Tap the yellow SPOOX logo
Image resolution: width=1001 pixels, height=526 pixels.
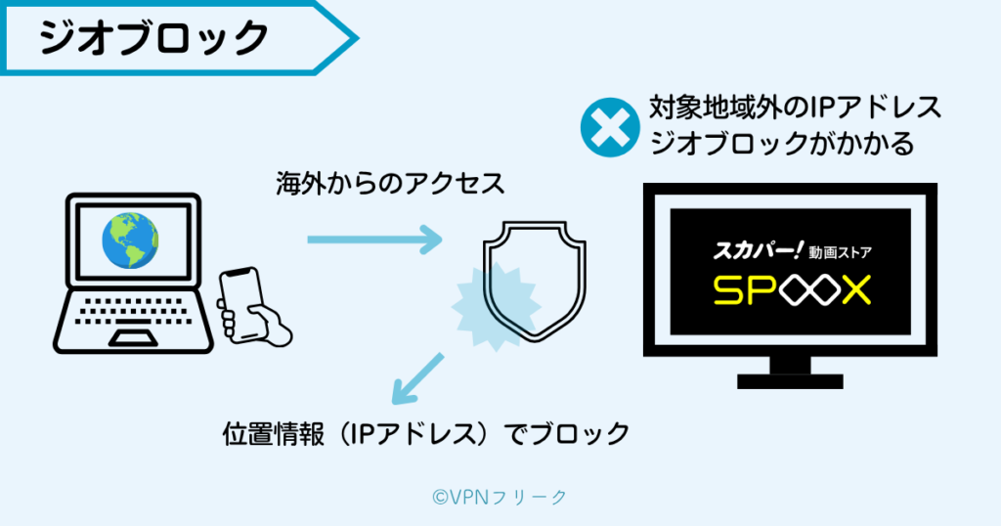coord(790,288)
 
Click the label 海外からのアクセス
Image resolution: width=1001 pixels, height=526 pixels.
coord(390,183)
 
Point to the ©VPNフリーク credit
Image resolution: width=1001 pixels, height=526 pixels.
coord(499,497)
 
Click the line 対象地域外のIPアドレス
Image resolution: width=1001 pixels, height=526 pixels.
coord(795,106)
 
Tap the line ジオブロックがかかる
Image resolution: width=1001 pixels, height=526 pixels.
coord(781,144)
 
